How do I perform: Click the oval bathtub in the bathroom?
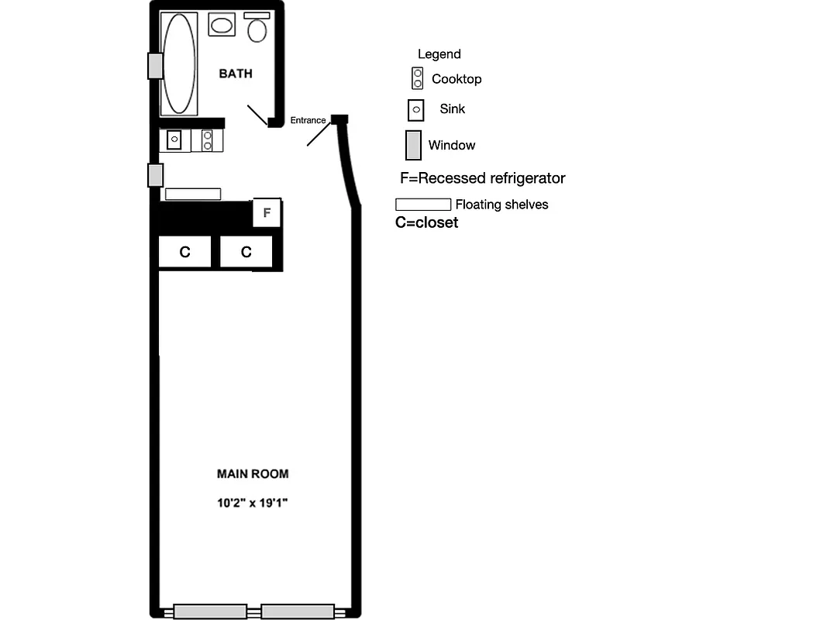coord(179,64)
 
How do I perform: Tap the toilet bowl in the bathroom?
coord(257,31)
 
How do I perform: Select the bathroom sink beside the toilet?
coord(222,25)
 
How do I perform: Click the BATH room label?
coord(236,74)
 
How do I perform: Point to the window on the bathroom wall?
coord(155,66)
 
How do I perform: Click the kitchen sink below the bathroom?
coord(174,139)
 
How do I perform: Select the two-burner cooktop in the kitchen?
coord(207,140)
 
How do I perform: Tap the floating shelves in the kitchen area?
coord(193,194)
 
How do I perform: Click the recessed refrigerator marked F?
coord(267,212)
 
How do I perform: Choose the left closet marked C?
coord(184,252)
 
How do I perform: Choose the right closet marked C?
coord(246,252)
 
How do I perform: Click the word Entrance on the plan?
coord(308,120)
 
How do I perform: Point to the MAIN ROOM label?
coord(253,474)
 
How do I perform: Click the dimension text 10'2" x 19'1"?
coord(253,503)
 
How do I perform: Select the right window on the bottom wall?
coord(297,611)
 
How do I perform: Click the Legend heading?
coord(439,54)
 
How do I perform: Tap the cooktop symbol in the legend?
coord(418,78)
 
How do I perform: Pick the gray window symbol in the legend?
coord(413,145)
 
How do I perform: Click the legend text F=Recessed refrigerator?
coord(483,178)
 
